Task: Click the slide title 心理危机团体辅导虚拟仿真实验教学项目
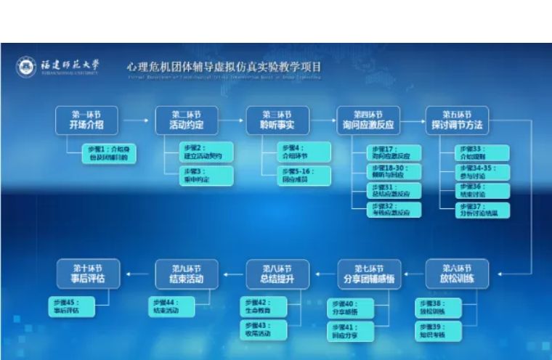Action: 224,67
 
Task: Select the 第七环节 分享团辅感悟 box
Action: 368,274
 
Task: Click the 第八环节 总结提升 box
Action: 277,274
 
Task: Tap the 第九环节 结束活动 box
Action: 187,274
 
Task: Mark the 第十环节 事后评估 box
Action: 86,274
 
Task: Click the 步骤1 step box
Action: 108,152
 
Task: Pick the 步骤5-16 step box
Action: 304,176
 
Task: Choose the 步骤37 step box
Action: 483,210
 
